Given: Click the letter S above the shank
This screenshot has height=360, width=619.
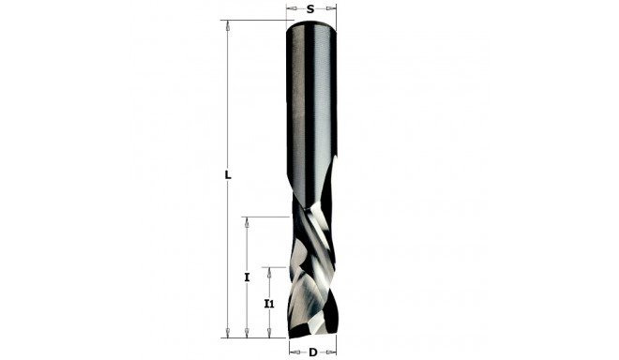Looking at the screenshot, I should point(310,8).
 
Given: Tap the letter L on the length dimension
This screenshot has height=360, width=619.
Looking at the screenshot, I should point(228,175).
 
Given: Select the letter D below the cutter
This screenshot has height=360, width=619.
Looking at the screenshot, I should point(310,352).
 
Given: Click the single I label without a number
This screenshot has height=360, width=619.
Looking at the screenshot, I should point(247,277).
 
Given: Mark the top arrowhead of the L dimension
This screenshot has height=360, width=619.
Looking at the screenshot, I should point(228,26).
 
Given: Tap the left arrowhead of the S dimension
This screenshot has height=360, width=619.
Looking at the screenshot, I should point(290,8).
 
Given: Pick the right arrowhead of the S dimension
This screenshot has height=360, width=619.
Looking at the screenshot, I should point(331,8).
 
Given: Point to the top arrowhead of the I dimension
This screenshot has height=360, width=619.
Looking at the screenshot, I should point(247,223).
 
